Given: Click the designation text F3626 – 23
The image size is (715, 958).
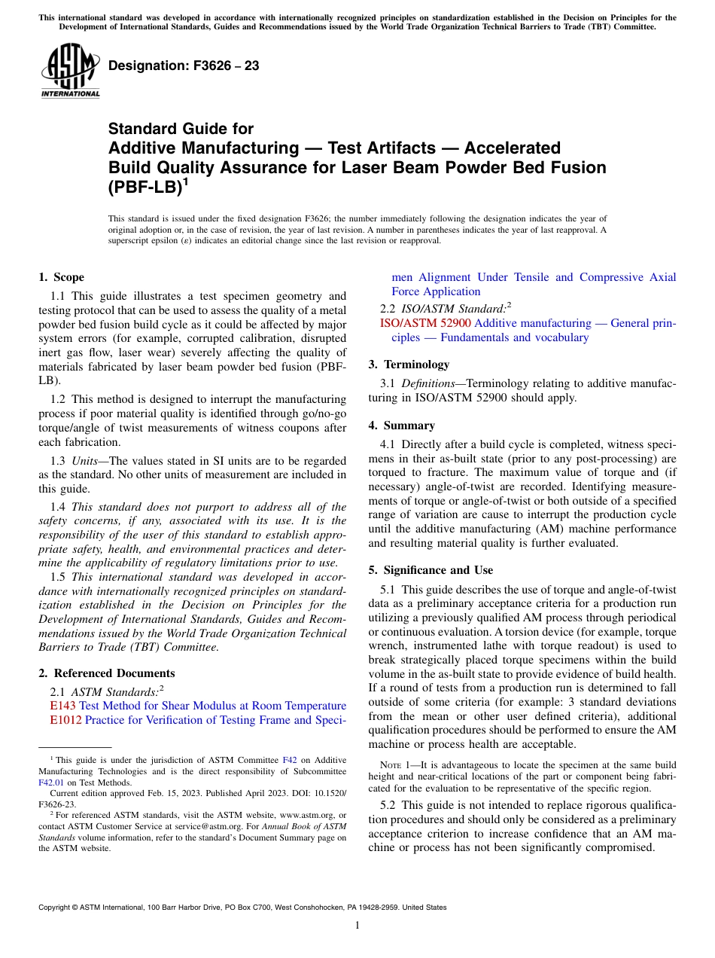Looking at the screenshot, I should click(x=184, y=66).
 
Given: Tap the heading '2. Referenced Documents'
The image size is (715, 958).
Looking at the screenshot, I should click(x=106, y=673).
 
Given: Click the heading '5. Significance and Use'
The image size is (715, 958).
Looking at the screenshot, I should click(x=431, y=570).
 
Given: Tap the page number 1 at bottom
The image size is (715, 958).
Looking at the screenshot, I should click(x=357, y=925).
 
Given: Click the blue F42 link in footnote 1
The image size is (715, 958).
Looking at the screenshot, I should click(x=288, y=761).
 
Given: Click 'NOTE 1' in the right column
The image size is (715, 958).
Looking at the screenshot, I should click(x=397, y=765).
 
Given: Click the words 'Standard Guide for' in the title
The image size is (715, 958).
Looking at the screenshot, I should click(x=181, y=129).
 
